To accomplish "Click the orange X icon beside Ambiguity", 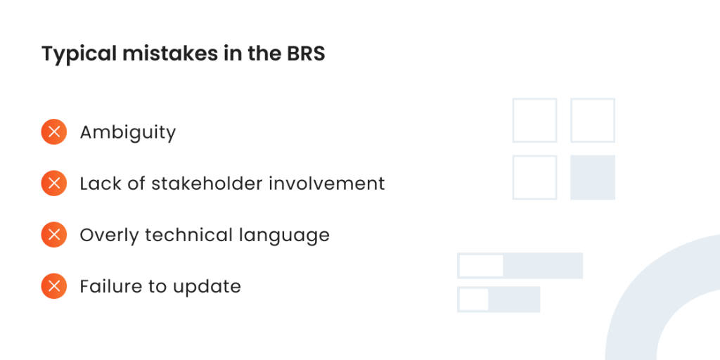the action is click(53, 131).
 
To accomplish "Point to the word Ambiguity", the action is click(128, 133).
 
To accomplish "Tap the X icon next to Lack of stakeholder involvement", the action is click(53, 184).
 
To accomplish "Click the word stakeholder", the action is click(207, 184).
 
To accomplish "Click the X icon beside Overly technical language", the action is click(53, 235).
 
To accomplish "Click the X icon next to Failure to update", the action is click(53, 286).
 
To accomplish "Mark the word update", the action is click(207, 288).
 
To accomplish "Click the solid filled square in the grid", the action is click(592, 177).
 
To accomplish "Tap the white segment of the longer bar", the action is click(481, 265).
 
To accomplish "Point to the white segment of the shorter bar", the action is click(473, 300).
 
